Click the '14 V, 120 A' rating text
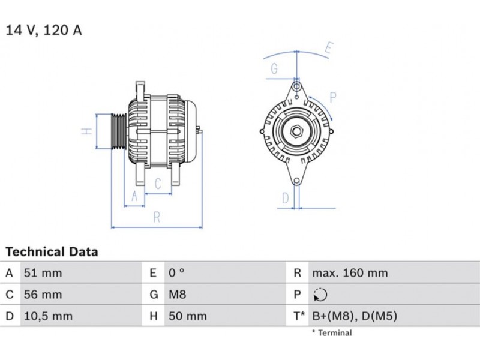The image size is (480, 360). coord(44,30)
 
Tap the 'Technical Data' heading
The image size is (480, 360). coord(52,251)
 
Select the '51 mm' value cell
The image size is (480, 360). coord(43,273)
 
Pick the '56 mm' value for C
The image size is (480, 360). coord(43,295)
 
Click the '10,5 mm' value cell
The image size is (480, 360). coord(49,316)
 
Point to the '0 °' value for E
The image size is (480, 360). coord(176,273)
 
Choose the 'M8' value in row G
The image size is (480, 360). coord(177,295)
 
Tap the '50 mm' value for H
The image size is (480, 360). coord(188,316)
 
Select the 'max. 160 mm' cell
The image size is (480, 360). coord(350,273)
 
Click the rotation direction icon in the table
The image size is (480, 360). coord(320,295)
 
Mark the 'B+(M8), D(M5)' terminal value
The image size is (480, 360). coord(355,316)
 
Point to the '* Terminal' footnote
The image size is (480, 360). coord(332,333)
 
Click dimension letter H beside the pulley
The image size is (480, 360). coord(87,131)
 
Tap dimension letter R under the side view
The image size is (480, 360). coord(157,217)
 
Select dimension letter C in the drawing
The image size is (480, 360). coord(158,184)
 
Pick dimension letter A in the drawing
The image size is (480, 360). coord(134,196)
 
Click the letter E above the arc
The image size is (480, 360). coord(328,49)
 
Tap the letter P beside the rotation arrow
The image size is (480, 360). coord(333,98)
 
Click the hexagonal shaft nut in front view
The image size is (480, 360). coord(296,131)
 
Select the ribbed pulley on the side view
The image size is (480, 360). coord(118,131)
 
